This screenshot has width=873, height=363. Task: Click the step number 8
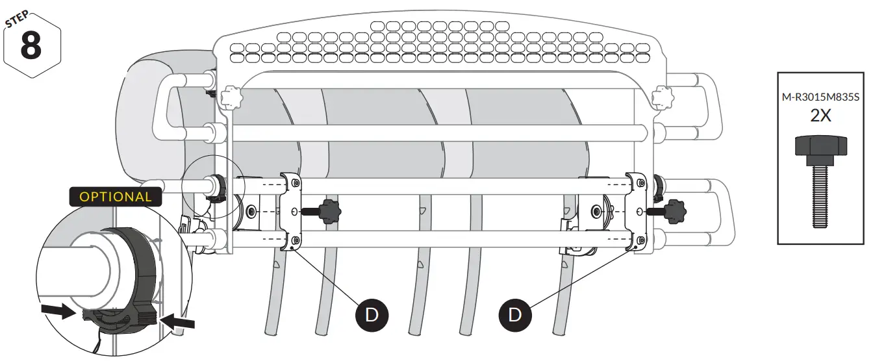(32, 45)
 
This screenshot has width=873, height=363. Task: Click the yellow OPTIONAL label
(116, 197)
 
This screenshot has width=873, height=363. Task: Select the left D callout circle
(372, 315)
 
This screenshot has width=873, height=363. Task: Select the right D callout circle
(514, 315)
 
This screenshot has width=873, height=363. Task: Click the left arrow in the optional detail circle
(56, 312)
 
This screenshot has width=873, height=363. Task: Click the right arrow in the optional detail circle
(177, 319)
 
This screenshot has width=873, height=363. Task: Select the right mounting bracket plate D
(635, 211)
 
